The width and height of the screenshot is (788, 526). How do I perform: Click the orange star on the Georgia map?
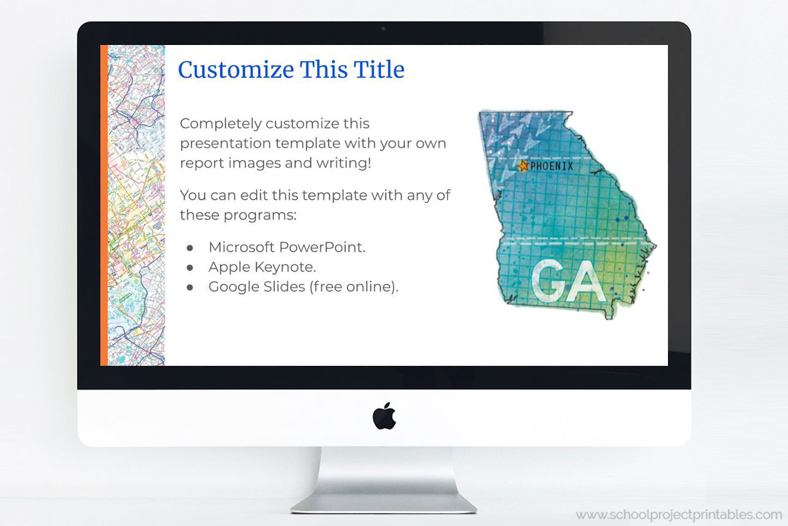(x=523, y=166)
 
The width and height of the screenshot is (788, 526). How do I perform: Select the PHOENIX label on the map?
(x=552, y=166)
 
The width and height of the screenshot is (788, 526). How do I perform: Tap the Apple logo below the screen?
(x=384, y=416)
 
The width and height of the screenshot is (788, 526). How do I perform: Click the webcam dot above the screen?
(x=384, y=28)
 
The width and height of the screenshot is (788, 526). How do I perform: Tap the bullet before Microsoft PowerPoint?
(x=190, y=248)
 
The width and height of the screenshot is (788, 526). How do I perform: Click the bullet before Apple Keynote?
(x=190, y=267)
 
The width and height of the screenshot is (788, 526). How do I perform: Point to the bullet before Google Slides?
(x=190, y=287)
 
